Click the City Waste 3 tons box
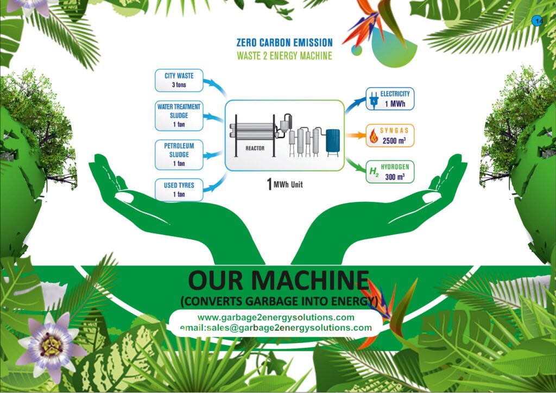point(179,80)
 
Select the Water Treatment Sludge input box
point(179,116)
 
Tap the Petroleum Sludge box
point(179,154)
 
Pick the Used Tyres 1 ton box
point(179,189)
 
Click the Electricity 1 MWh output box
point(390,99)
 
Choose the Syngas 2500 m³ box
point(389,136)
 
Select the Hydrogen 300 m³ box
point(389,172)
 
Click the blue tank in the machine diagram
point(332,140)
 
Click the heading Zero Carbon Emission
point(285,42)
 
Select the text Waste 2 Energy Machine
point(285,55)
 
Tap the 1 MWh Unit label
point(285,185)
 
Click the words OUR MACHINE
point(278,281)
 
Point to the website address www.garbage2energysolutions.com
point(276,318)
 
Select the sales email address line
point(276,328)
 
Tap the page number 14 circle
point(538,21)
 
